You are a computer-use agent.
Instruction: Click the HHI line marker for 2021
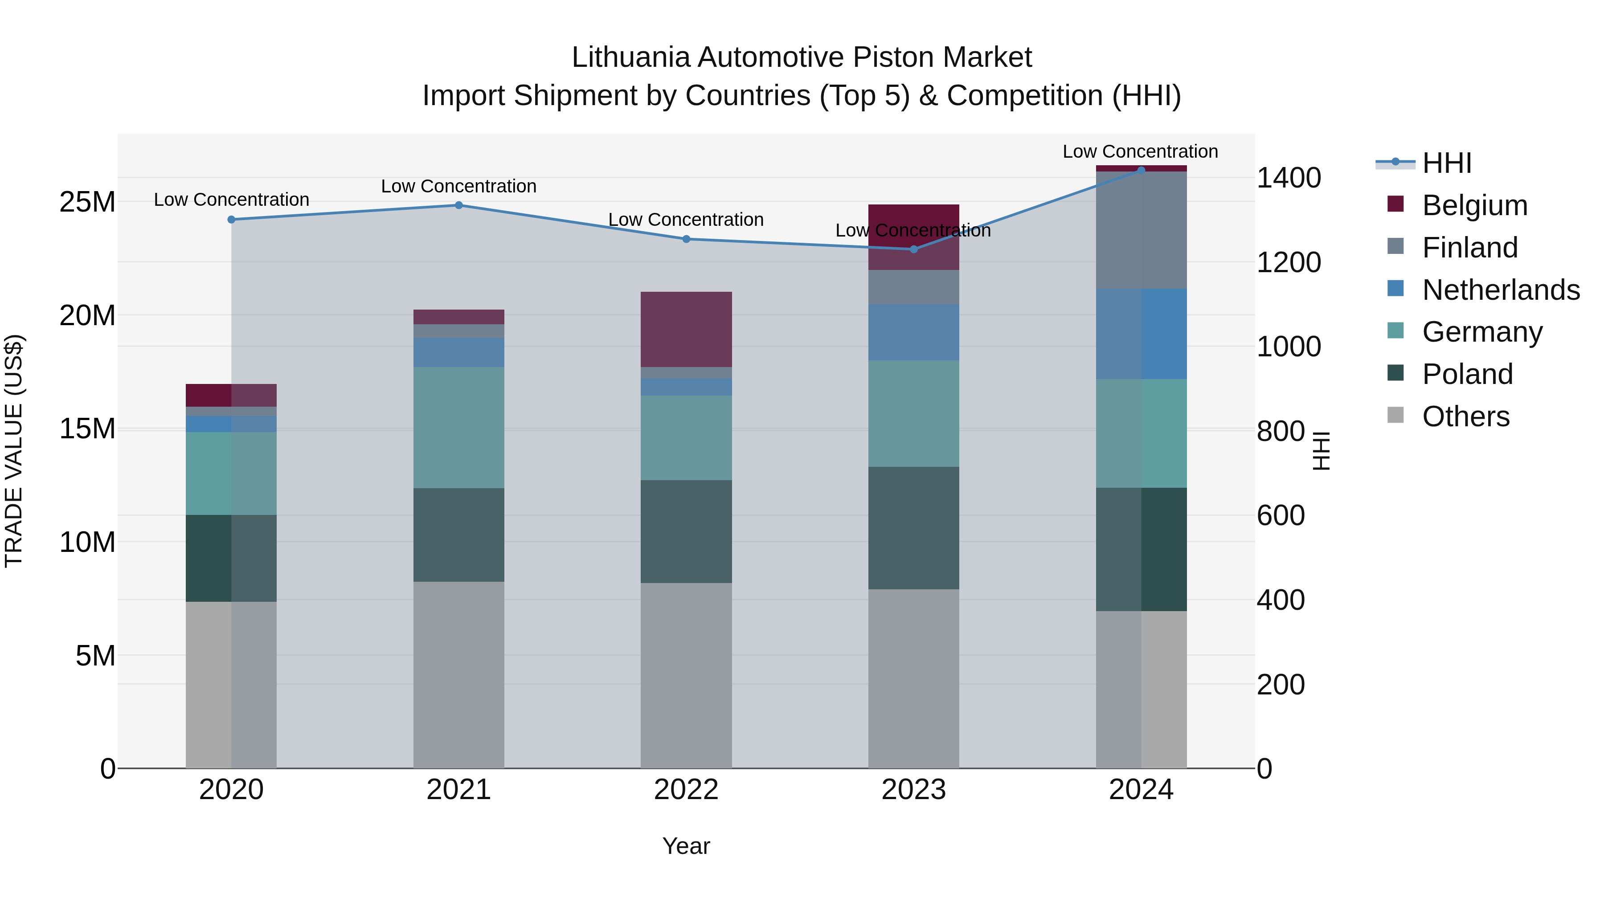coord(458,205)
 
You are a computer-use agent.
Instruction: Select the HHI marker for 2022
coord(686,239)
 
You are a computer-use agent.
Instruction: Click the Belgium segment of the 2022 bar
coord(686,329)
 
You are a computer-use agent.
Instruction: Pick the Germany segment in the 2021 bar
coord(458,428)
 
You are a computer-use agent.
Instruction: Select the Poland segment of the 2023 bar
coord(913,528)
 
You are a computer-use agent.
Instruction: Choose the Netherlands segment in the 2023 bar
coord(913,332)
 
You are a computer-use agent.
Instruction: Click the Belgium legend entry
coord(1474,205)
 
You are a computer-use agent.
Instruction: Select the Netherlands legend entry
coord(1501,290)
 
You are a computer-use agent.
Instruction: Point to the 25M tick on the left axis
coord(87,202)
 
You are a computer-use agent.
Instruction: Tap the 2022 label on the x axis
coord(686,790)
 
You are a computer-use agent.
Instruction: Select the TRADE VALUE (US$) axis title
coord(14,451)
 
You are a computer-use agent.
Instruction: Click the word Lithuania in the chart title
coord(630,57)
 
